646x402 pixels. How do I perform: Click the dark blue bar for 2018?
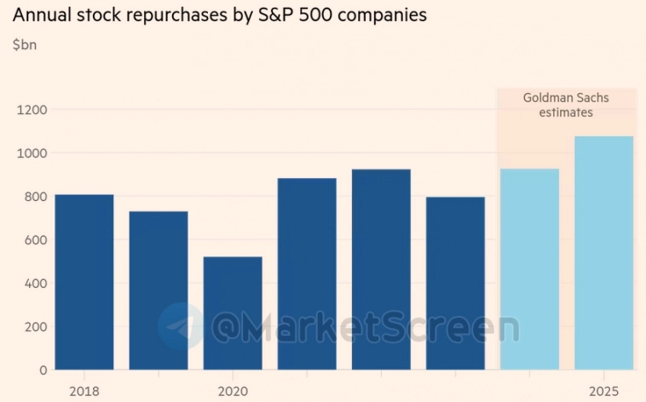pyautogui.click(x=84, y=282)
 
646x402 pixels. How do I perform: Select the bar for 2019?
pyautogui.click(x=159, y=290)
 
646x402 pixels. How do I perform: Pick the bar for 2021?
pyautogui.click(x=307, y=273)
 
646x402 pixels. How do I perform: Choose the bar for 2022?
pyautogui.click(x=381, y=269)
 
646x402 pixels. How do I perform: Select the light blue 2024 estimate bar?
pyautogui.click(x=529, y=269)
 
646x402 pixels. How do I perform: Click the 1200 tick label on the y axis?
pyautogui.click(x=31, y=110)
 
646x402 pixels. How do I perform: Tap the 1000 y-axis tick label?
pyautogui.click(x=31, y=153)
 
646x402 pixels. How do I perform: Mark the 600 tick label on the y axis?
pyautogui.click(x=34, y=240)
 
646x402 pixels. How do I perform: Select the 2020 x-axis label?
pyautogui.click(x=233, y=391)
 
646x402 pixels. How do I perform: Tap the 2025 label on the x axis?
pyautogui.click(x=603, y=391)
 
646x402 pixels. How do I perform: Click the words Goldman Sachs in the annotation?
pyautogui.click(x=566, y=97)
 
